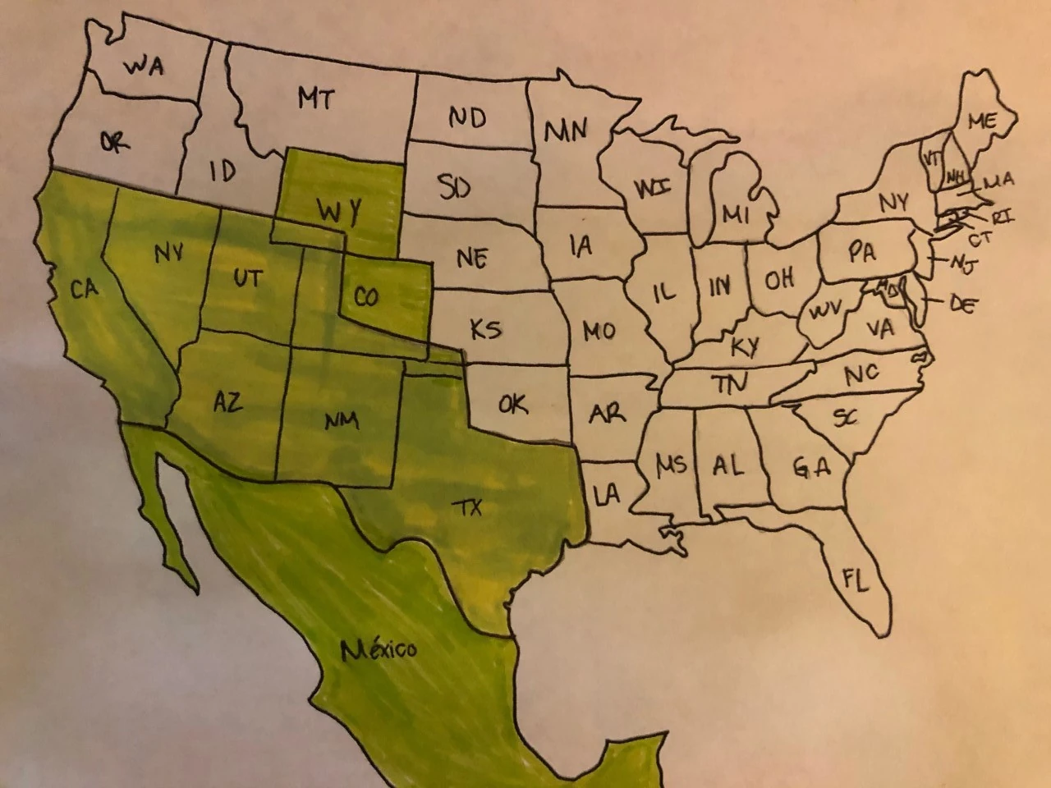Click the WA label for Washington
144,66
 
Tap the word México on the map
379,650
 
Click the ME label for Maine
981,121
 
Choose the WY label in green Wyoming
339,213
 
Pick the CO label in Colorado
366,295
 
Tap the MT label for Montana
315,99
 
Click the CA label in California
84,289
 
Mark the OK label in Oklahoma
513,403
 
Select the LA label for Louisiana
606,494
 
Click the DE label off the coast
963,304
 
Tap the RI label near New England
1003,218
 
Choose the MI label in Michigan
737,215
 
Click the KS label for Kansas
485,330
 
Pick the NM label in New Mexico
341,421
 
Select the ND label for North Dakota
466,118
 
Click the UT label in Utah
246,278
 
